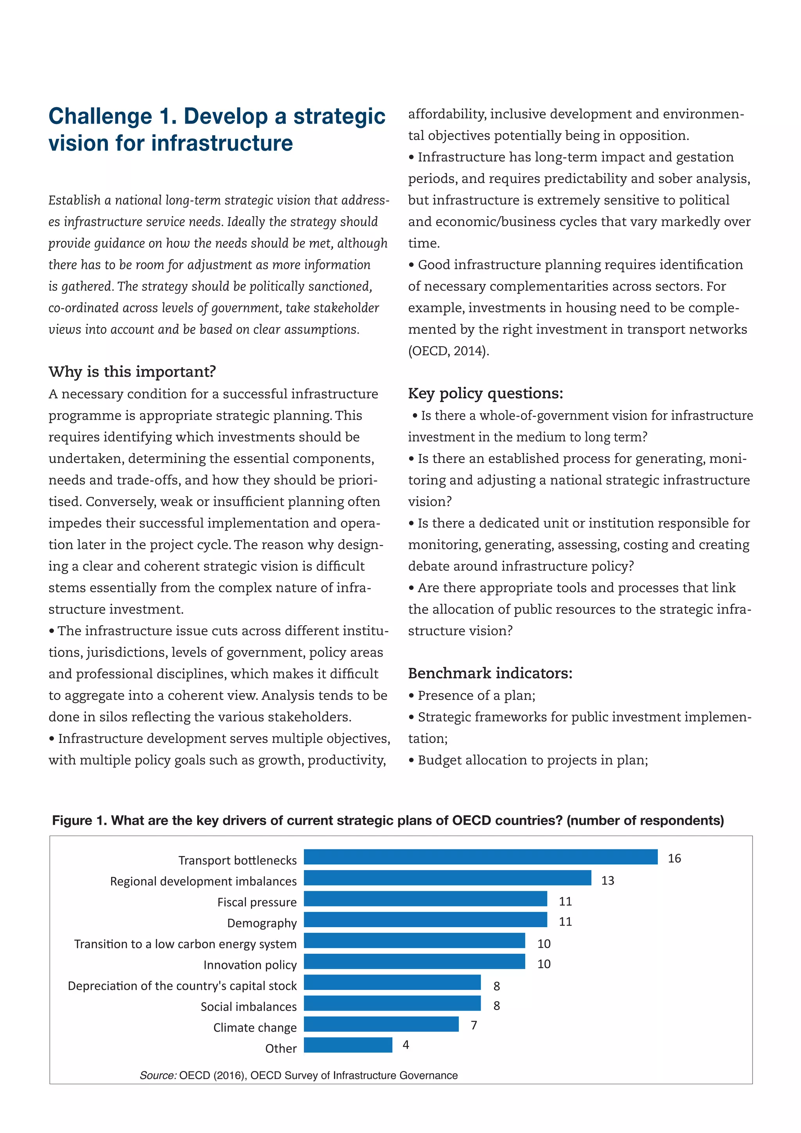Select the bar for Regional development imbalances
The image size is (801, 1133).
(447, 878)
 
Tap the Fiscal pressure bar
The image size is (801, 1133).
(425, 899)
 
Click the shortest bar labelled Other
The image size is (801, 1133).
(348, 1045)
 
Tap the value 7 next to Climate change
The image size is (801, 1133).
(474, 1025)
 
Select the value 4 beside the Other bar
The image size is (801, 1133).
(406, 1045)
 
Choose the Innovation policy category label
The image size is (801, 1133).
(250, 965)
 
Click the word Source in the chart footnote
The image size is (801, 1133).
(158, 1075)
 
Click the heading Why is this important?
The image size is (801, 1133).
(132, 372)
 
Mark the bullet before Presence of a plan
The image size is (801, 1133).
(411, 696)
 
